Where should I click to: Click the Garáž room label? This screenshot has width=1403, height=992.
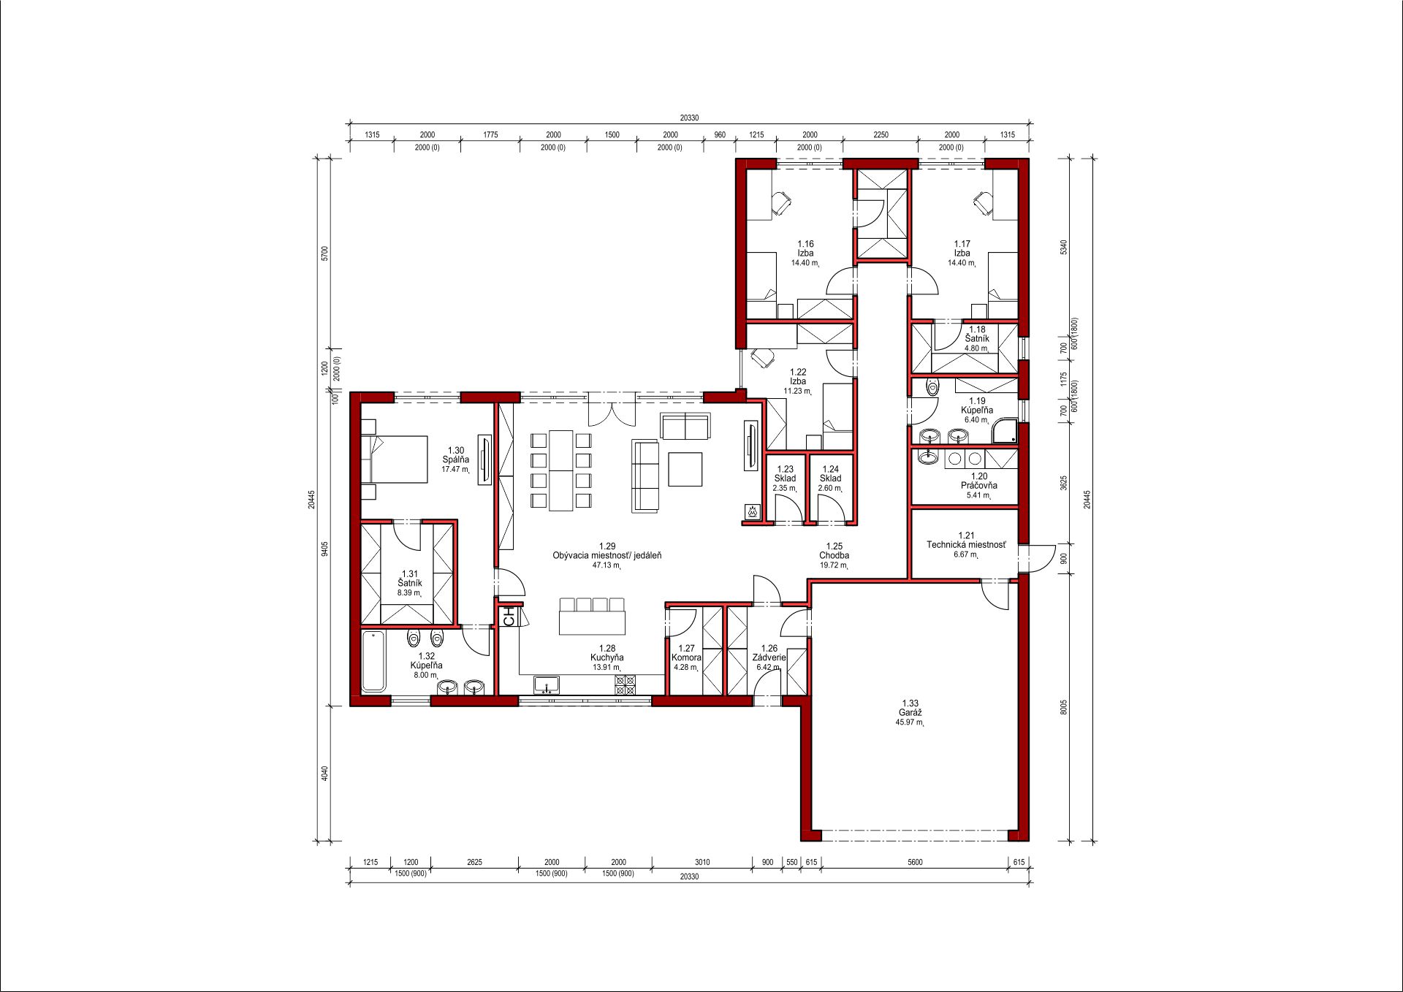coord(910,713)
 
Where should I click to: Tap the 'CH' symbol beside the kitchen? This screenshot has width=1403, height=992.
coord(510,617)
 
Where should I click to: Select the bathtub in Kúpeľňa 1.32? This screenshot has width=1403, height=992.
coord(374,661)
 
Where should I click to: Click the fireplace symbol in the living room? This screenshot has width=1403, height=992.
coord(750,511)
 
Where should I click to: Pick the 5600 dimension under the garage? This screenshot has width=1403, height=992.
coord(915,862)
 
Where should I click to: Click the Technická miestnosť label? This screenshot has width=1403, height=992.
coord(966,545)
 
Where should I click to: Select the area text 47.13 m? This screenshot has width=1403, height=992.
coord(607,565)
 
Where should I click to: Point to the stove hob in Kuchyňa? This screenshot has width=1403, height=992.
coord(626,684)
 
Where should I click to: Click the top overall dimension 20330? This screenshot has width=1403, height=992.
coord(689,118)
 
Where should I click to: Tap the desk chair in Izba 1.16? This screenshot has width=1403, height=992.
coord(780,202)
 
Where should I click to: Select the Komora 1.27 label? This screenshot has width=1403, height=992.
coord(686,653)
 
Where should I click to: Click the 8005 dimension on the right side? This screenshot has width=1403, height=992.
coord(1064,707)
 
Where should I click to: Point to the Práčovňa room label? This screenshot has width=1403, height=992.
coord(979,485)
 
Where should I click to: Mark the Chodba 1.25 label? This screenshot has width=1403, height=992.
coord(834,551)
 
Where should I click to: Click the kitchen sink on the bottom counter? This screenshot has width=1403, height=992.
coord(546,684)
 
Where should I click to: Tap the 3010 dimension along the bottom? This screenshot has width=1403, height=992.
coord(702,862)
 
